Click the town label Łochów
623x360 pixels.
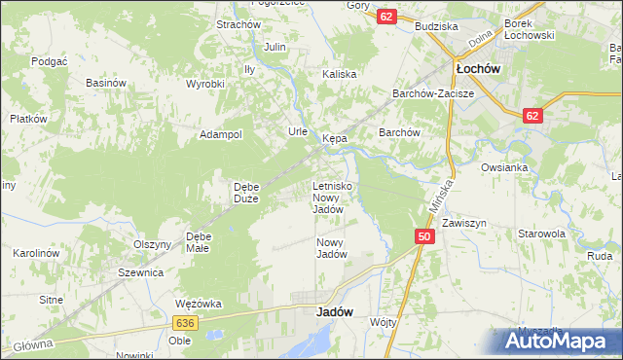click(478, 70)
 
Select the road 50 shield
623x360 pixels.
click(423, 236)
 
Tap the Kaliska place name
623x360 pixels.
click(340, 74)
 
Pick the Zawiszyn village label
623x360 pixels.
click(463, 223)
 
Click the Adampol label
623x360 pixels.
click(221, 135)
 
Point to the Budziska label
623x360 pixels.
click(435, 27)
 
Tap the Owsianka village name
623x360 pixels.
click(504, 167)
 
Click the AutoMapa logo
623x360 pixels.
click(560, 340)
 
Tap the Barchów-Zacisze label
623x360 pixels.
click(432, 94)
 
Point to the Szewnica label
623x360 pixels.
click(140, 273)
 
